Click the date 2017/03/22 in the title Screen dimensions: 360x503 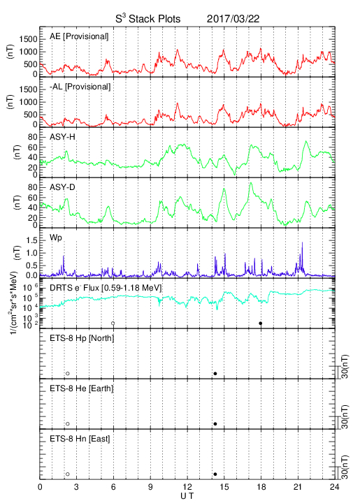point(233,19)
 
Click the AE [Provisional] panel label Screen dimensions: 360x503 point(79,36)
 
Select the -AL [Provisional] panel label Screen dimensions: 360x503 point(80,87)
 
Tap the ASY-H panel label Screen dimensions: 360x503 point(62,137)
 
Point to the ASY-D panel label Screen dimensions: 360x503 point(62,187)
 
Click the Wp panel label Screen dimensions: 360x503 point(55,238)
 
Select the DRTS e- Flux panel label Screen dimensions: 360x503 point(106,288)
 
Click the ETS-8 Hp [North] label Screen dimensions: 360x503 point(82,338)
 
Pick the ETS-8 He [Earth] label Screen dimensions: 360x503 point(82,388)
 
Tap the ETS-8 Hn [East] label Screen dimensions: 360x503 point(80,439)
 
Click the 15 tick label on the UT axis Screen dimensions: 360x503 point(224,487)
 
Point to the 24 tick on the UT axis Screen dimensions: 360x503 point(335,487)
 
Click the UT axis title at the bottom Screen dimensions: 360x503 point(187,496)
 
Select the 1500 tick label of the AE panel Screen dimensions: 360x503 point(28,39)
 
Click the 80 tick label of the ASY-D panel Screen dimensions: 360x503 point(33,187)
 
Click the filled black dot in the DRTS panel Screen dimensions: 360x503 point(261,323)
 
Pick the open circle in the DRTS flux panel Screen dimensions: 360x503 point(113,323)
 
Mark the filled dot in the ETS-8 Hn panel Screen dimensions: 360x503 point(215,474)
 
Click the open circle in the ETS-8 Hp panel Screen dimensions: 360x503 point(68,374)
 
